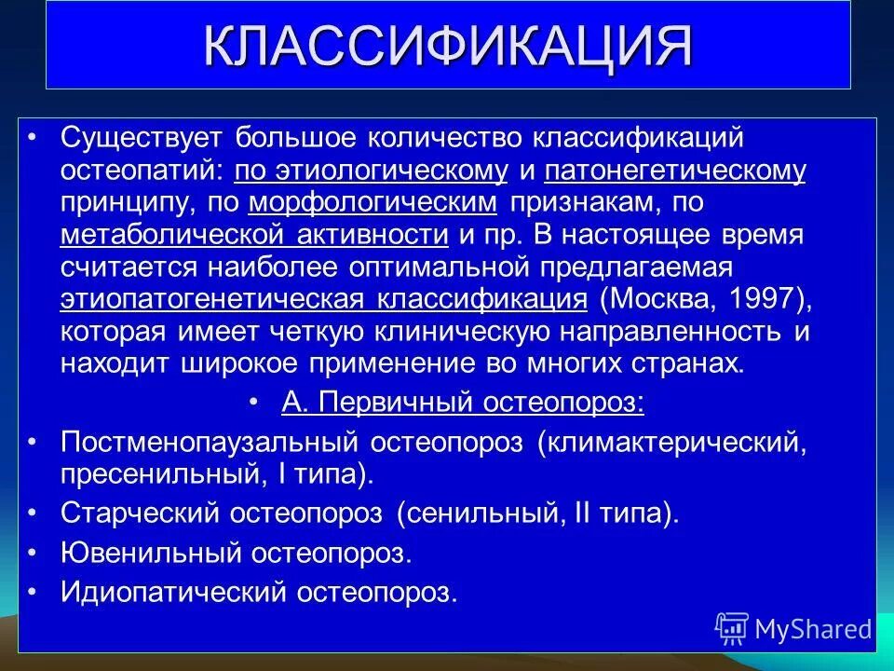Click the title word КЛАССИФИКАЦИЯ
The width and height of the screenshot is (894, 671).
[x=447, y=46]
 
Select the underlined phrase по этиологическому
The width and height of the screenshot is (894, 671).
[x=371, y=171]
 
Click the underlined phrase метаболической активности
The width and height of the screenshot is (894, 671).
[x=255, y=235]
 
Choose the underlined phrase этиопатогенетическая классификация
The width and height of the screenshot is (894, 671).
[x=323, y=299]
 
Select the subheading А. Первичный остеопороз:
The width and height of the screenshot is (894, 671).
[x=463, y=402]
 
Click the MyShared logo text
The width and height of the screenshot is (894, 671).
[x=813, y=628]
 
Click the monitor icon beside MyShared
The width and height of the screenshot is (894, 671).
[x=732, y=628]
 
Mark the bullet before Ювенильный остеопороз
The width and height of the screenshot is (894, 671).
[x=34, y=552]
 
